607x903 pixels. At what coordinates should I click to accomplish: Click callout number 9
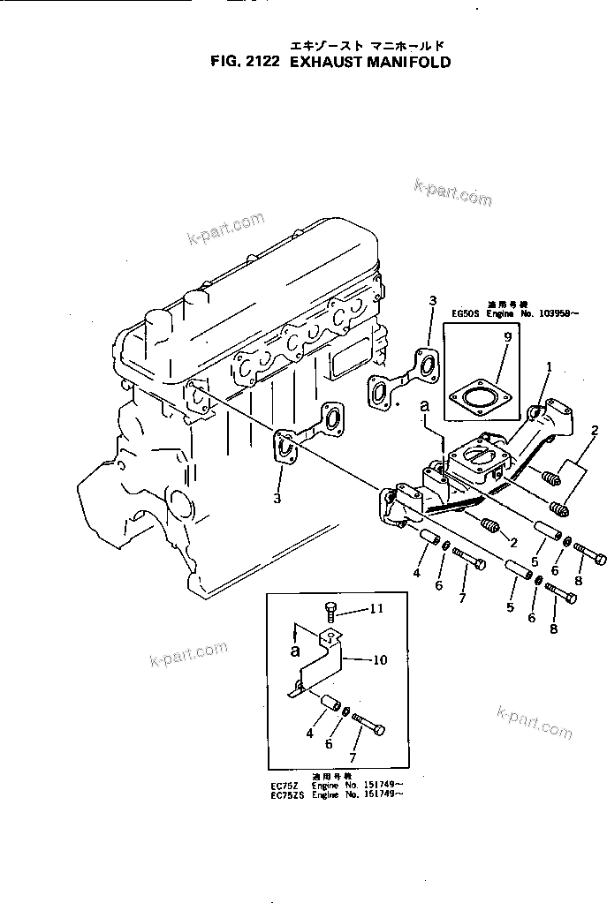point(506,337)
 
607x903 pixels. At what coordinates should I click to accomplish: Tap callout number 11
point(376,608)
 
